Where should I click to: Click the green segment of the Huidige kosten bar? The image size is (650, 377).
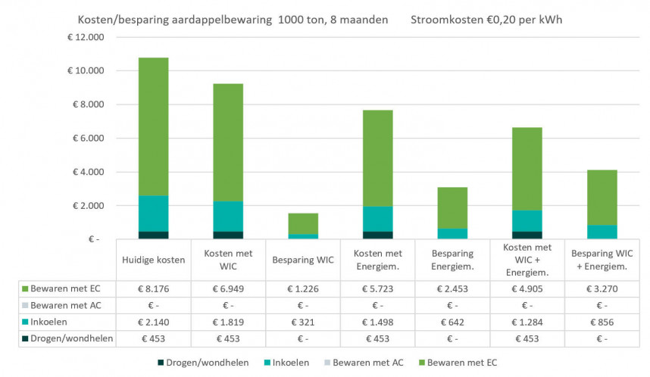[x=153, y=126]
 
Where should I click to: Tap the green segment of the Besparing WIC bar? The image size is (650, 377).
[x=302, y=223]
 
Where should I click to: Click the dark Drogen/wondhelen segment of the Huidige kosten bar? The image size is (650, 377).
[x=153, y=235]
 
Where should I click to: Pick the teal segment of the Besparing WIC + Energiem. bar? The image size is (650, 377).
[x=602, y=232]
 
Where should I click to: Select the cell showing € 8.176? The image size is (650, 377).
[x=154, y=288]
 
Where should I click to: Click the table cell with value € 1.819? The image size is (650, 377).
[x=228, y=322]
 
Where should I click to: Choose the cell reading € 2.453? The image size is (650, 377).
[x=452, y=288]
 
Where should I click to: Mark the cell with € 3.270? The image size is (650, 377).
[x=602, y=288]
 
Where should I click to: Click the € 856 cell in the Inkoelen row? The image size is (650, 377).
[x=602, y=322]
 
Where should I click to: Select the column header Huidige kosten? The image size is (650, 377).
[x=154, y=260]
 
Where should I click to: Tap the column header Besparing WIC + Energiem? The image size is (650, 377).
[x=602, y=260]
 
